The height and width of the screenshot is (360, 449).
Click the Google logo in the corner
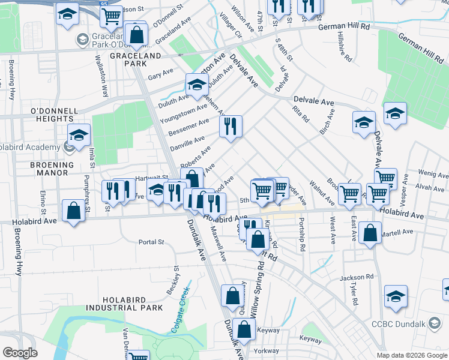[20, 353]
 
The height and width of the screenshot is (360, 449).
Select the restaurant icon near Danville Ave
[230, 127]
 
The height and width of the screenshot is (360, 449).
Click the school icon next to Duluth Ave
[196, 85]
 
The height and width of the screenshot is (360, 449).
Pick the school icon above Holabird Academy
[78, 136]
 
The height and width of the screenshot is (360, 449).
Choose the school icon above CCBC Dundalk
[395, 297]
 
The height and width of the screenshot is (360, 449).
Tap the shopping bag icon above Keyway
[245, 329]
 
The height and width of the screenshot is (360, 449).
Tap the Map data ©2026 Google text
[412, 355]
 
